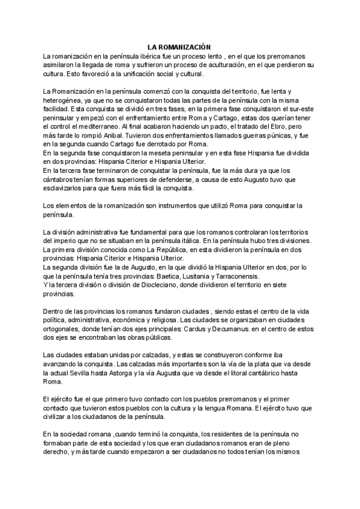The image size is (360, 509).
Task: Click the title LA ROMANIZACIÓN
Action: click(x=180, y=46)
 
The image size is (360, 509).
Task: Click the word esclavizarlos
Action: click(x=67, y=188)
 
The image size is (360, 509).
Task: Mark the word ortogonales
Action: click(x=64, y=329)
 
